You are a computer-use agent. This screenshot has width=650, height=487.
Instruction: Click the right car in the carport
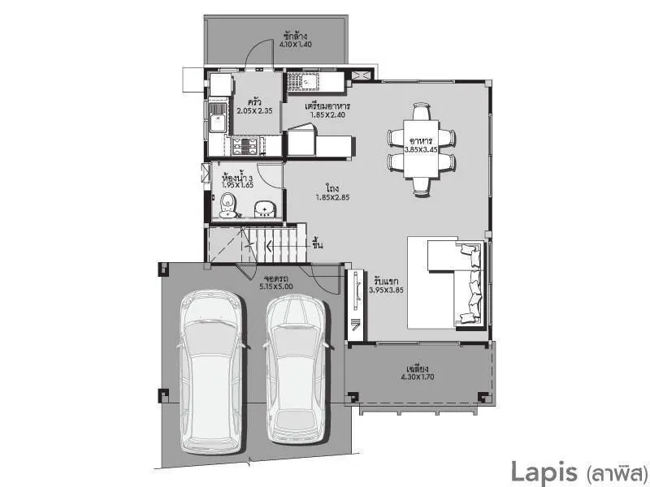[297, 364]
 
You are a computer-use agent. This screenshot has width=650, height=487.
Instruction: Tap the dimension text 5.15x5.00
[276, 287]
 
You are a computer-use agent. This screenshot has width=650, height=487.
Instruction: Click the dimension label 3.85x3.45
[422, 150]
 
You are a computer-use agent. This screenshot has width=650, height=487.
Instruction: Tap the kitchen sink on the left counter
[217, 123]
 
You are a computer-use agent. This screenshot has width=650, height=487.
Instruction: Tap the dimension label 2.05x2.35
[254, 111]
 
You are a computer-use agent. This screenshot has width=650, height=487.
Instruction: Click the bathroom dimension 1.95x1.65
[237, 185]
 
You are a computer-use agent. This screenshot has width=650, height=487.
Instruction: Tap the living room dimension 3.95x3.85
[387, 289]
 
